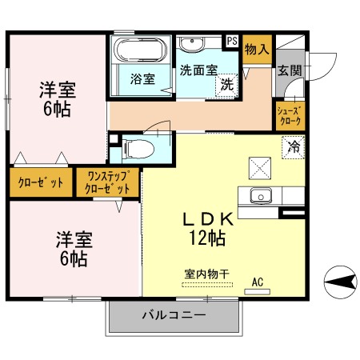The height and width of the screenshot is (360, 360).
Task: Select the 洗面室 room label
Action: (x=198, y=70)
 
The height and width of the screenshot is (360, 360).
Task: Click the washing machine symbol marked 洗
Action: (x=227, y=83)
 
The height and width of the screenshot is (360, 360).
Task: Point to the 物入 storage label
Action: (x=256, y=50)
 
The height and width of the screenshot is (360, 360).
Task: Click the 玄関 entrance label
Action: (x=290, y=70)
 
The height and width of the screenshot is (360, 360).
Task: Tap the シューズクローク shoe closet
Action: (x=289, y=117)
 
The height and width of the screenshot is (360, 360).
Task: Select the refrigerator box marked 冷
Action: (x=294, y=147)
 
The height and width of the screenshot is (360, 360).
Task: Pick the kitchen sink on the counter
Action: (x=262, y=195)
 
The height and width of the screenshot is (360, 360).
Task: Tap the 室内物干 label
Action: (x=206, y=274)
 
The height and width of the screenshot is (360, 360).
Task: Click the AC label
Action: (x=258, y=282)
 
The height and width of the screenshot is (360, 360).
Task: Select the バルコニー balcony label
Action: (x=174, y=314)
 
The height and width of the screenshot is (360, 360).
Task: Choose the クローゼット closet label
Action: (x=41, y=182)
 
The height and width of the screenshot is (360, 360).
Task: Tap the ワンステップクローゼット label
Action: (x=107, y=183)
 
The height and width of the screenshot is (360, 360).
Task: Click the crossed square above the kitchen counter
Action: (x=261, y=167)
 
